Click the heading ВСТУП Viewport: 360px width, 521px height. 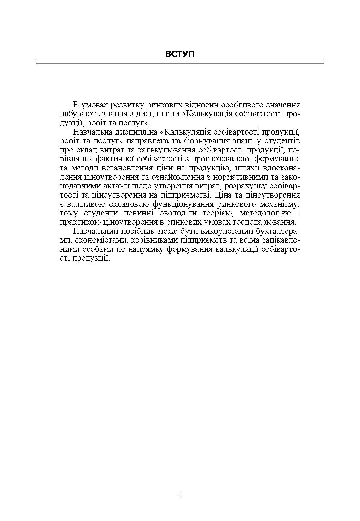click(x=180, y=54)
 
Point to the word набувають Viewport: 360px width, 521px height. click(x=75, y=113)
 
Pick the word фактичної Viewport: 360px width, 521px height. click(x=127, y=159)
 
